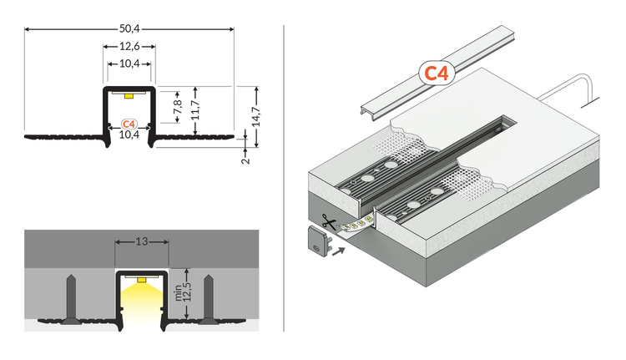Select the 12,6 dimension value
[129, 47]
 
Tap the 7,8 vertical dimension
[176, 107]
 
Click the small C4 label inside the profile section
[129, 124]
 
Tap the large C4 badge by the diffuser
[436, 74]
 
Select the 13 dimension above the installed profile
[141, 242]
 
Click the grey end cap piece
[318, 243]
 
